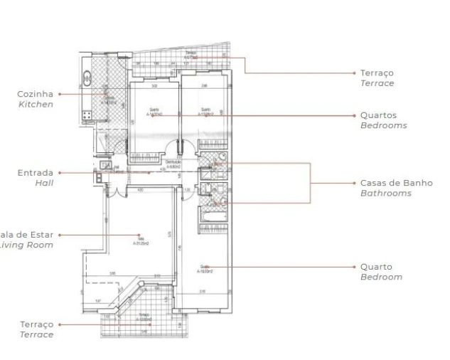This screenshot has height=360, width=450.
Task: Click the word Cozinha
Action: [x=35, y=94]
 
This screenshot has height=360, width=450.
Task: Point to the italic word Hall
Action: [x=44, y=182]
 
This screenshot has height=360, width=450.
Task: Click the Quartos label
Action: [x=378, y=115]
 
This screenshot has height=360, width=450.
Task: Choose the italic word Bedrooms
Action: [x=383, y=125]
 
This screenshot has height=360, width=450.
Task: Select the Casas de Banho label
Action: [x=396, y=183]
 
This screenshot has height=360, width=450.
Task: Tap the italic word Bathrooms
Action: [x=385, y=193]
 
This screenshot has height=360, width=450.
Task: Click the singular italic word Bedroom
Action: [x=381, y=277]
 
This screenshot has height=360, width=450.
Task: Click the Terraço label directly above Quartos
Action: [x=377, y=73]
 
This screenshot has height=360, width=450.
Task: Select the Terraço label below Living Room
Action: [x=36, y=324]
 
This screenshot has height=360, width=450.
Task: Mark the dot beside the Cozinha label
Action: [x=60, y=94]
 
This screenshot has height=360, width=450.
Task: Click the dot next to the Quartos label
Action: [x=353, y=115]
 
